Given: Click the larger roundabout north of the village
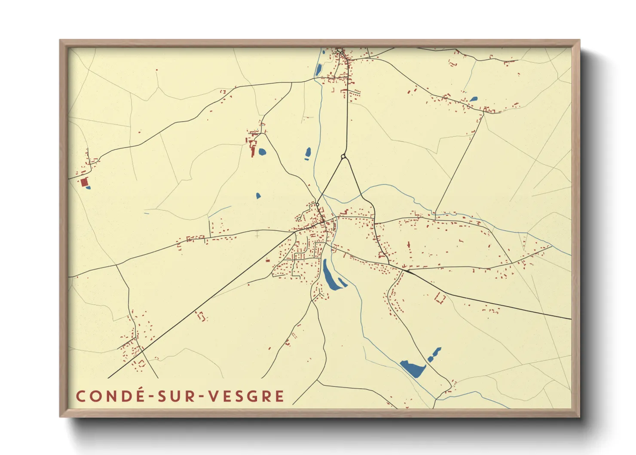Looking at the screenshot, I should coord(343,157).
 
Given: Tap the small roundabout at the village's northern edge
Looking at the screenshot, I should coord(318,204).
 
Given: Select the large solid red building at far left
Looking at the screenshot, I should coord(84,182).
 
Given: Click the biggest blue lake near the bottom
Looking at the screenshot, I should coord(413,369).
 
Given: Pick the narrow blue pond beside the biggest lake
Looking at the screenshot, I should coord(434,354).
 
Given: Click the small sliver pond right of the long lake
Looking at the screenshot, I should coord(342,282).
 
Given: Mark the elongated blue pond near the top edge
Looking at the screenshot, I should coord(318,69).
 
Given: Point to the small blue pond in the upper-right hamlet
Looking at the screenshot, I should coord(473,99).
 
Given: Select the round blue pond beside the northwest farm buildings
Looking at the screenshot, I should coord(262,151).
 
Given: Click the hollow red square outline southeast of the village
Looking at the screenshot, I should coord(440,298).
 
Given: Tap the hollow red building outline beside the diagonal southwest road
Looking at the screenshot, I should coord(201,316).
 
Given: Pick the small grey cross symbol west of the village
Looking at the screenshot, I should coord(257,235).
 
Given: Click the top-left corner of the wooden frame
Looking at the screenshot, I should coord(60,40).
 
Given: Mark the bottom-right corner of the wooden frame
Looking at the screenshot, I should coord(579,416).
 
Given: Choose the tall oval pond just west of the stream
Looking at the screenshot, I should coord(308,153).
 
